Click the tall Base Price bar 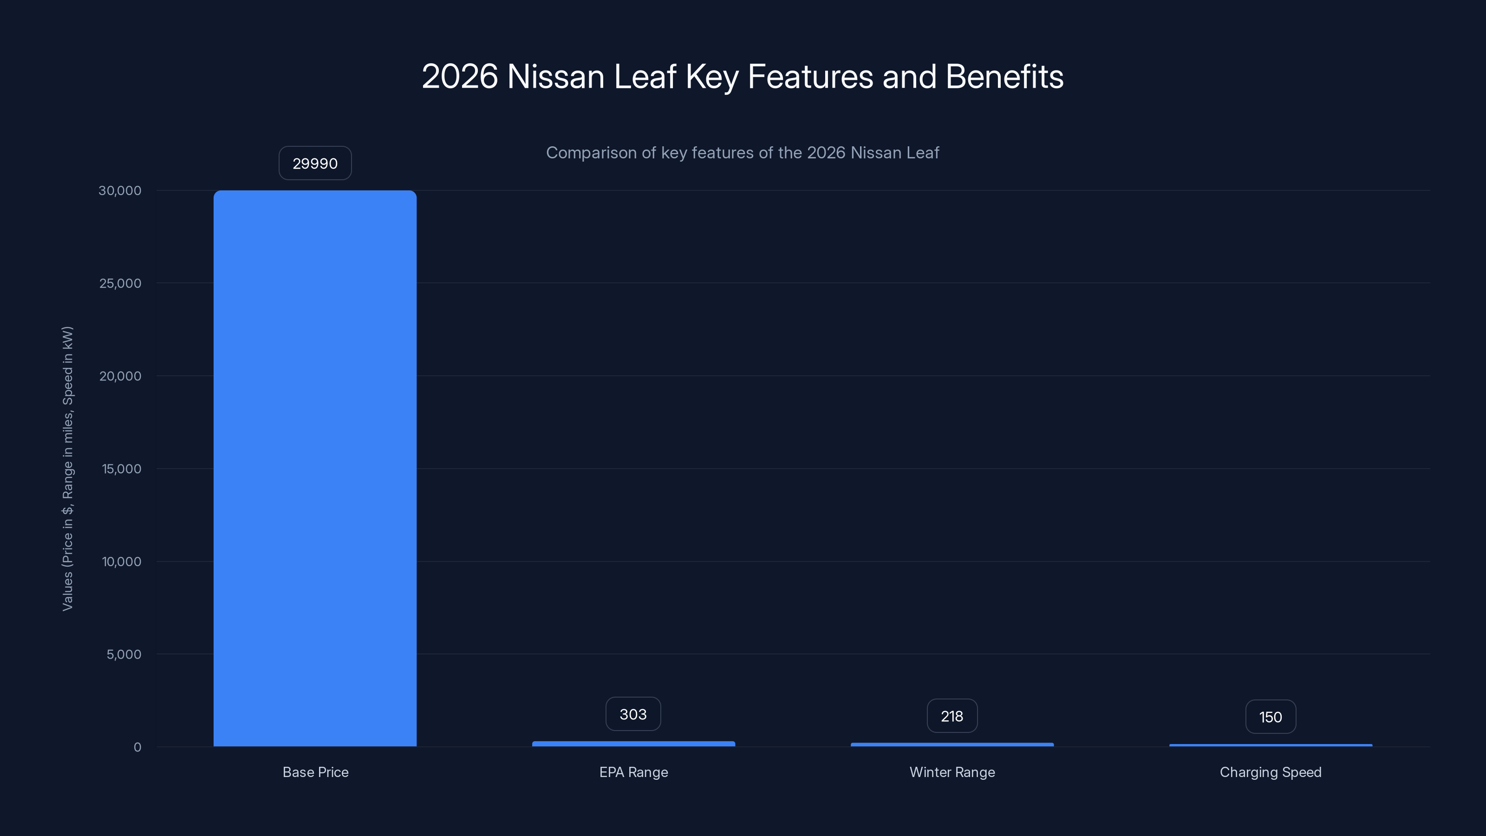(x=315, y=468)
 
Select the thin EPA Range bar (x=633, y=744)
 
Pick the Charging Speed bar (x=1270, y=745)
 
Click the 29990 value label (x=315, y=163)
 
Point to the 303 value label (x=633, y=714)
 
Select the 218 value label (x=952, y=716)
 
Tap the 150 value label (x=1270, y=717)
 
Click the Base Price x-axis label (x=316, y=772)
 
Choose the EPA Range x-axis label (x=633, y=772)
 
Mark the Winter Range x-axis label (x=952, y=772)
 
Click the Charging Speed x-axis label (x=1270, y=772)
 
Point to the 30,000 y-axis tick (x=120, y=190)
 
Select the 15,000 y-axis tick (x=122, y=469)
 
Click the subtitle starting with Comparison (x=743, y=153)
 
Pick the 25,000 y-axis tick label (x=120, y=283)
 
